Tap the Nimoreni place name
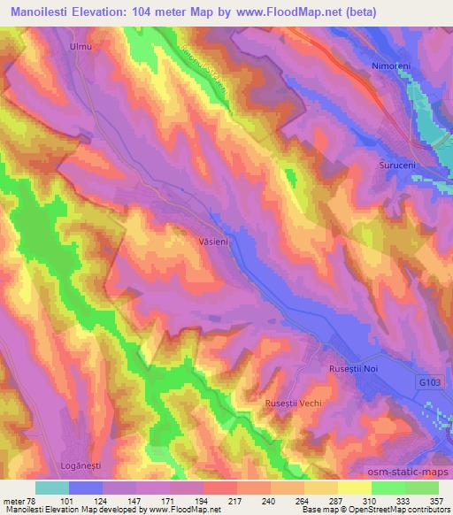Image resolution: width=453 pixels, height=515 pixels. [390, 65]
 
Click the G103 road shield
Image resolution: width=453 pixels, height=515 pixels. [430, 381]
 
